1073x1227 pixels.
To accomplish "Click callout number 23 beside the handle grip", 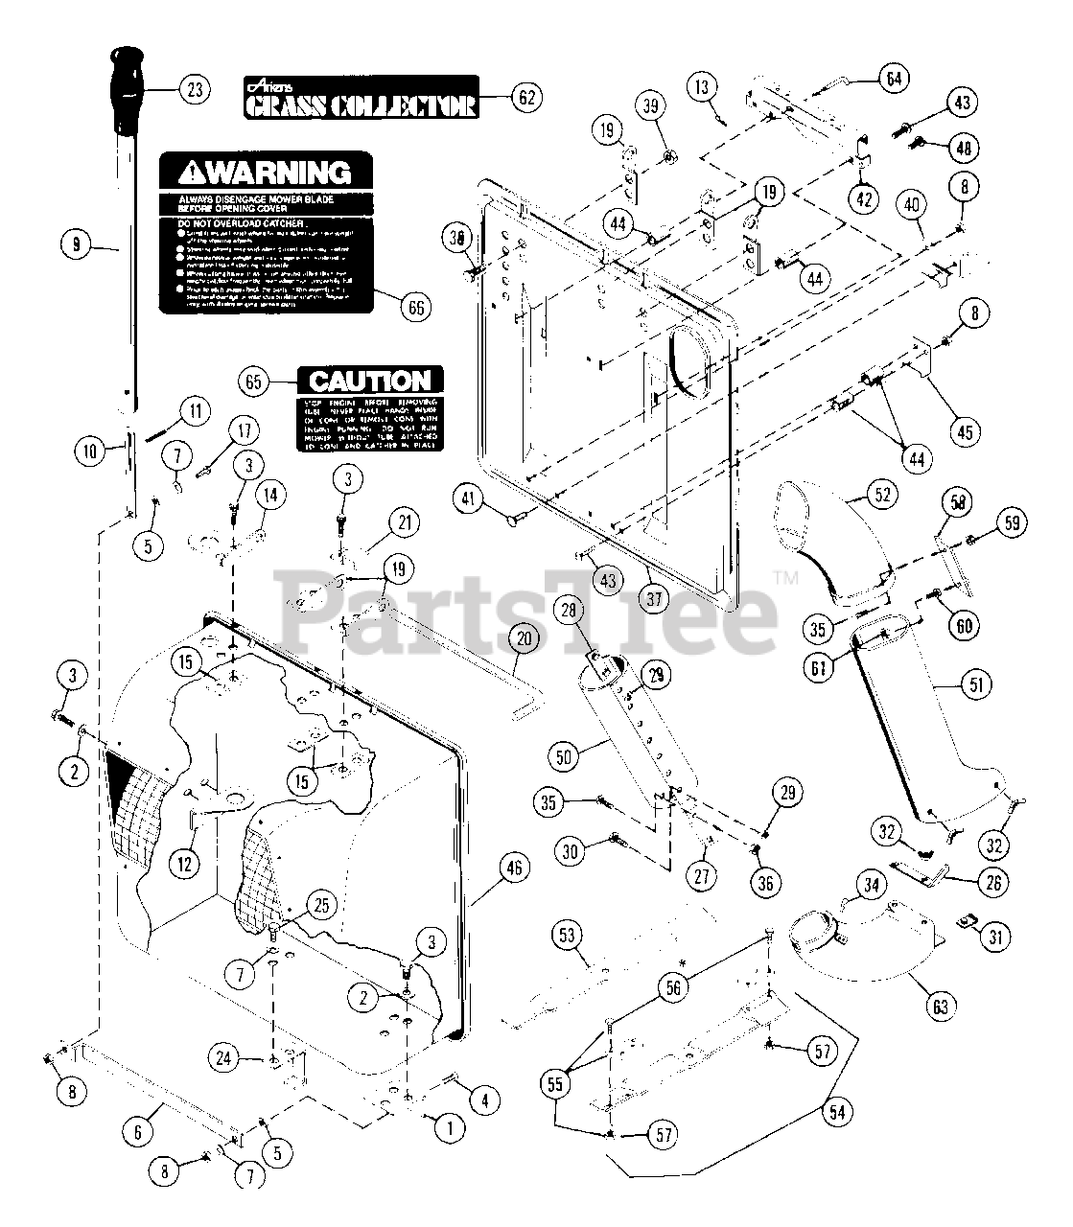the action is click(194, 90).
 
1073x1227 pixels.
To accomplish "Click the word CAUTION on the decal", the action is click(370, 382).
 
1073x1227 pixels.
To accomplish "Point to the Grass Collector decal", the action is click(361, 98).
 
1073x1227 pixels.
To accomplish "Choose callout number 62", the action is click(526, 96).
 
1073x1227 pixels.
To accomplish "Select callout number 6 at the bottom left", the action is click(137, 1130).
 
